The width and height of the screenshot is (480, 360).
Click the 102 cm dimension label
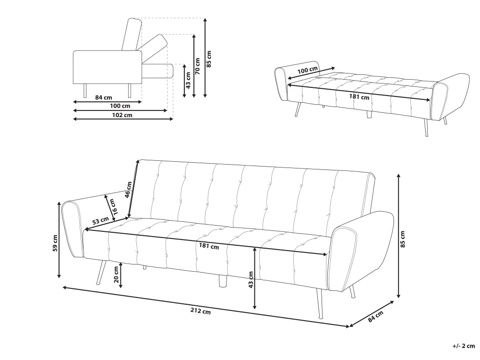122,115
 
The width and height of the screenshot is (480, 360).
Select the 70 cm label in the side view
197,66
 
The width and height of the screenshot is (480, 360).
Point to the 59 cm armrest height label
55,243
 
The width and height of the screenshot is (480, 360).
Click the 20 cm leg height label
116,275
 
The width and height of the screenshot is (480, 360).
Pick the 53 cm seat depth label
100,220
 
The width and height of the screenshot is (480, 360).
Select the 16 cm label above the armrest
113,207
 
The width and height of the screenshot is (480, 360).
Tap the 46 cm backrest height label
128,190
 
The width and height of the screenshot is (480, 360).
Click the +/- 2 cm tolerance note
464,346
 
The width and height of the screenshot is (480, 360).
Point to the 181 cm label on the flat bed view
359,97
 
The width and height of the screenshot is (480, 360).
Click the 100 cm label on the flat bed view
307,70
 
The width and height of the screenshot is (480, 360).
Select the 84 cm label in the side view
104,97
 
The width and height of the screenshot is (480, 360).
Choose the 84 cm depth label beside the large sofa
376,316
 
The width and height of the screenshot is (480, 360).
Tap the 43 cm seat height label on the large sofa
251,280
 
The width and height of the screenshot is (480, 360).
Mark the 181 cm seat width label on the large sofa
209,246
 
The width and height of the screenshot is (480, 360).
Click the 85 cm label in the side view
209,59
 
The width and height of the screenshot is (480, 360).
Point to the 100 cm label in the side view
120,106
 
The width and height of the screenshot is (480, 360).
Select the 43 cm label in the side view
188,80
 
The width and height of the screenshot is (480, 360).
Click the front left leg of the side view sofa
85,91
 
